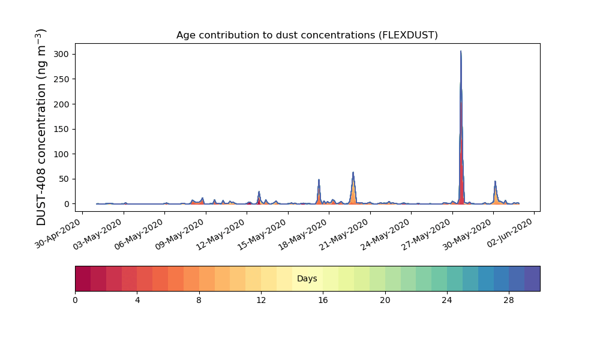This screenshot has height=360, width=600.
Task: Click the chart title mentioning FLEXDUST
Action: (307, 35)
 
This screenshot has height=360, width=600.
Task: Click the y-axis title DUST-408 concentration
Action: (41, 127)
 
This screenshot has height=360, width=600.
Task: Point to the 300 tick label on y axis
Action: (61, 55)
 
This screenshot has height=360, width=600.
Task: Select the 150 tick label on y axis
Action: (61, 130)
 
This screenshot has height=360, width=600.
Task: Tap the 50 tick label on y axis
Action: (64, 179)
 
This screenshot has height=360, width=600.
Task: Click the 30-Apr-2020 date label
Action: (58, 233)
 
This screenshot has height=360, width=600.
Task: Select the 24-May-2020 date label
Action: (386, 234)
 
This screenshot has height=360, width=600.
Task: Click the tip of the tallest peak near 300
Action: (461, 51)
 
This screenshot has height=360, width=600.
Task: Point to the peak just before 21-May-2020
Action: (353, 172)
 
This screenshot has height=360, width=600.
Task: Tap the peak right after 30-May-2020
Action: (495, 181)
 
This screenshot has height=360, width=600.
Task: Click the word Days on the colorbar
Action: (307, 278)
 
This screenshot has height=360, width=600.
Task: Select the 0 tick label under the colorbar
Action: (75, 301)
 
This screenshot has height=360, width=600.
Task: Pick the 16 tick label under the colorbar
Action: (323, 301)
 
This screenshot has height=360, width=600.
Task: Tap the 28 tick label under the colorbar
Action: (509, 301)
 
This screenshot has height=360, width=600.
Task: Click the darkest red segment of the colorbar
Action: (83, 278)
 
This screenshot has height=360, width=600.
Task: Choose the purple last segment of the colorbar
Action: (532, 278)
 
